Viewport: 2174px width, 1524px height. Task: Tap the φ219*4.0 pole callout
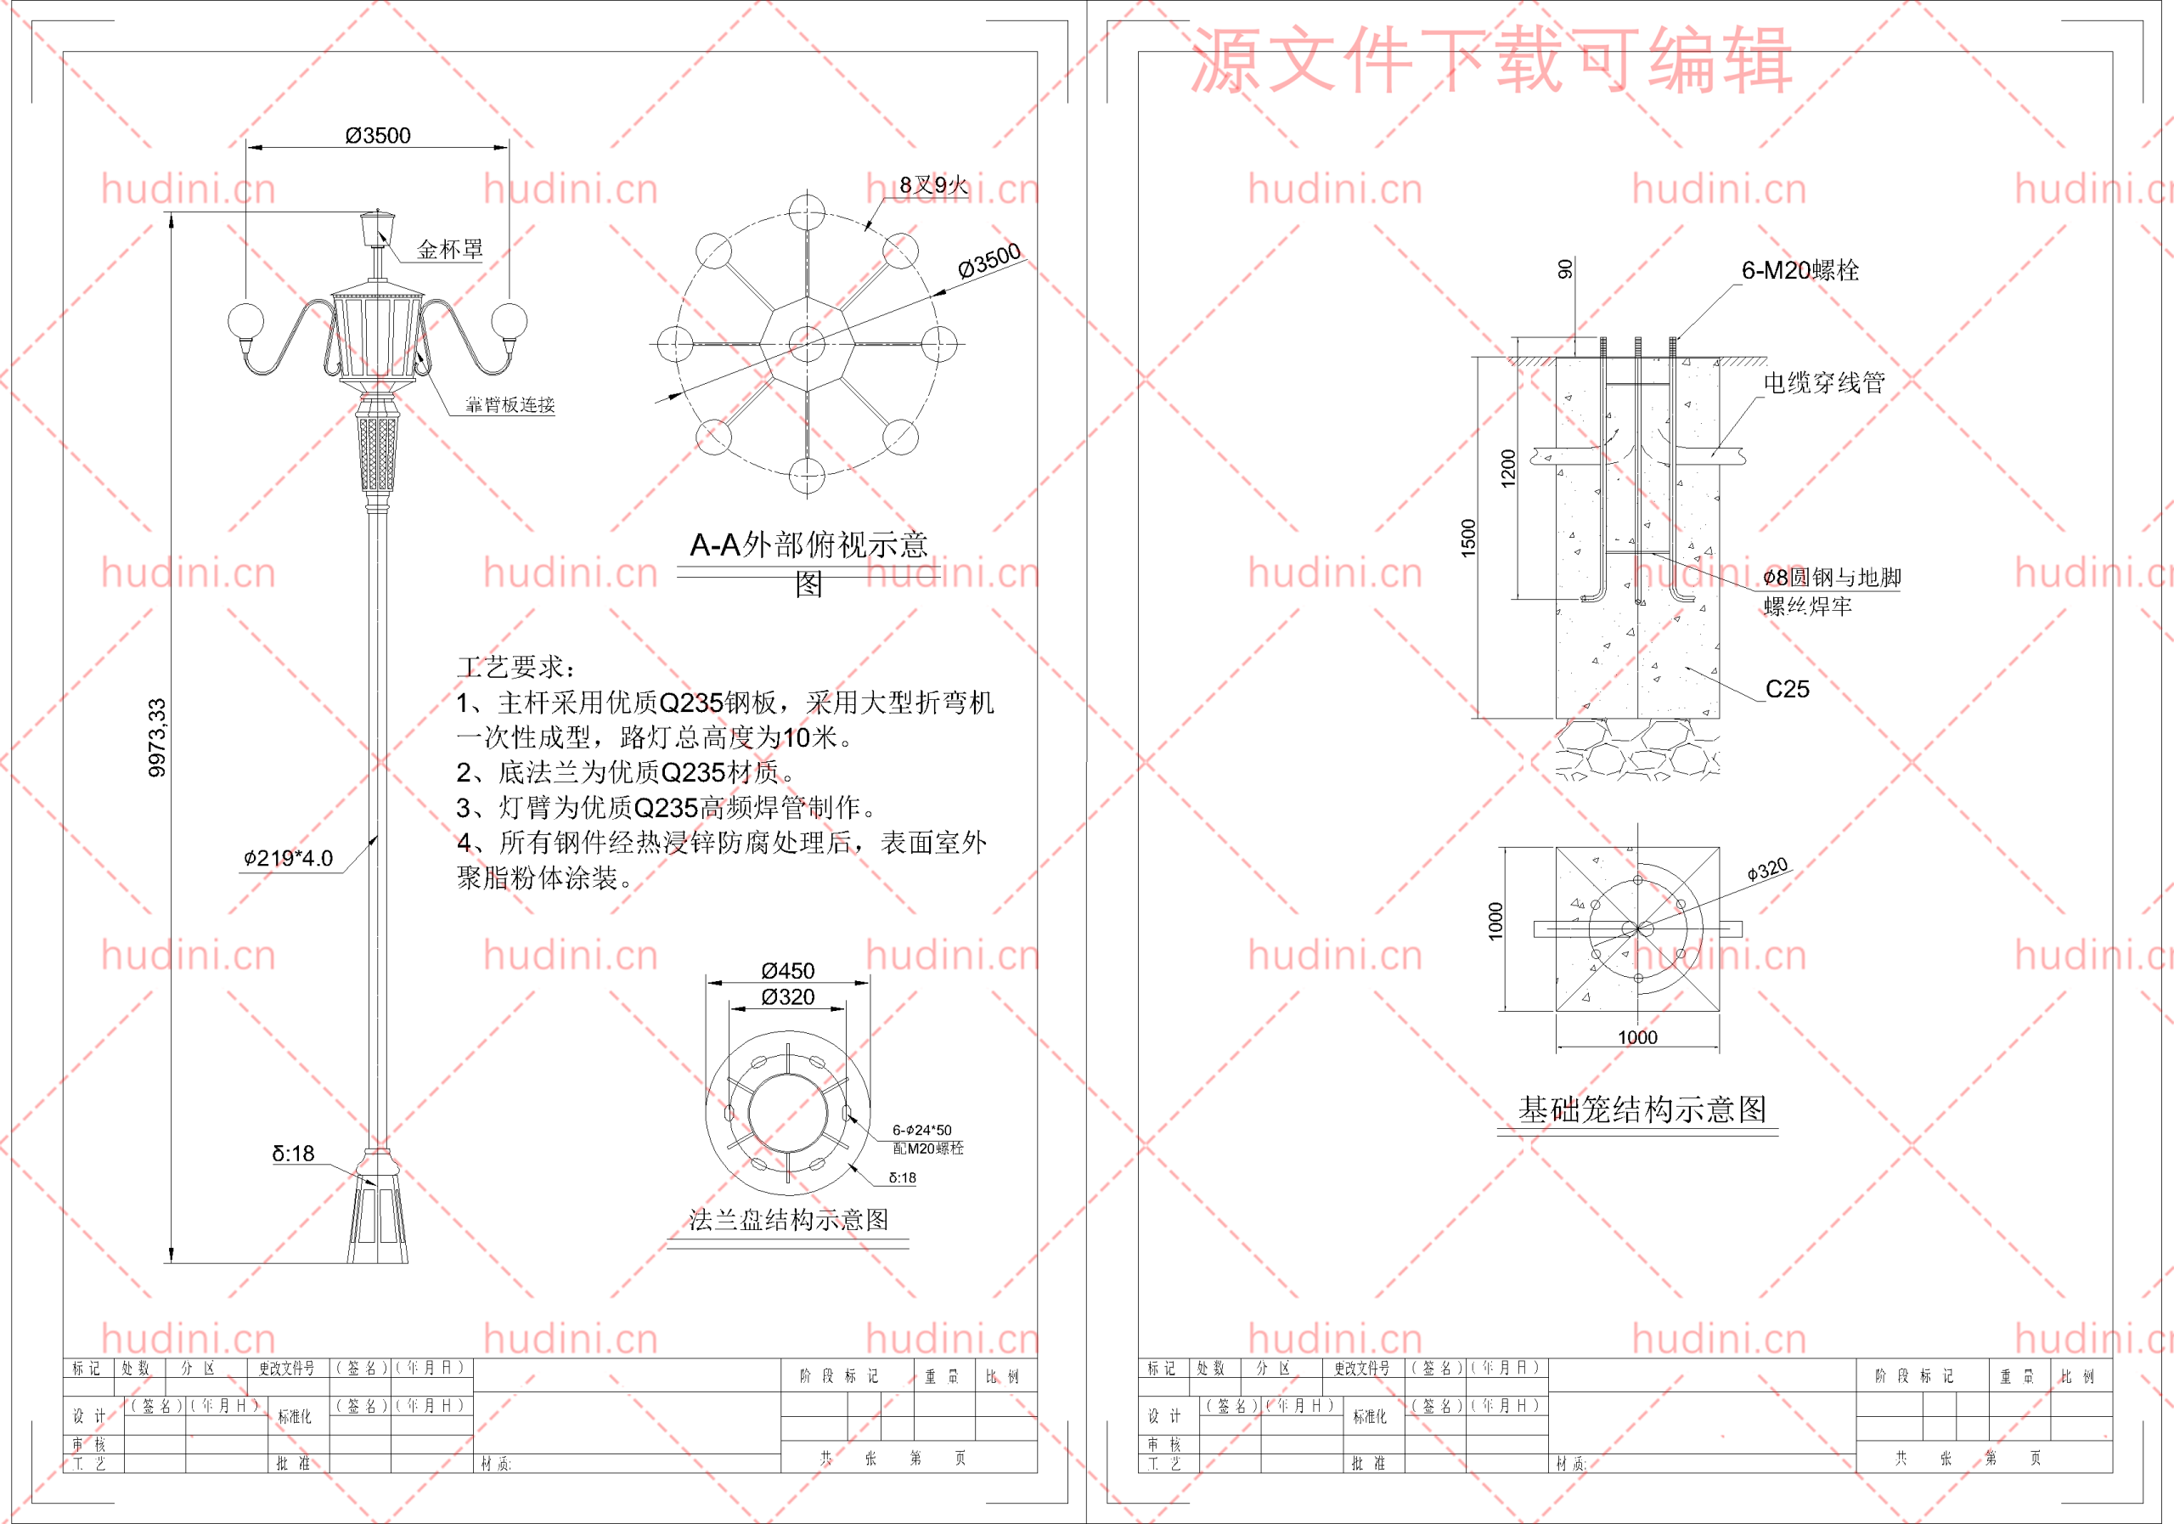point(289,858)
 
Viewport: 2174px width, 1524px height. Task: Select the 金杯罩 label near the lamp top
point(450,249)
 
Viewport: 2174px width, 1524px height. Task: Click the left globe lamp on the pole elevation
point(246,320)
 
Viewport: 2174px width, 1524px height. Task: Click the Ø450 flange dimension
point(788,971)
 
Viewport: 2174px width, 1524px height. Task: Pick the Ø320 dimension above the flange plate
point(788,996)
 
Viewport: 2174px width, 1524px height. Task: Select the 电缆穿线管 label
point(1823,382)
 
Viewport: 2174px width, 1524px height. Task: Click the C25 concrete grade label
point(1787,690)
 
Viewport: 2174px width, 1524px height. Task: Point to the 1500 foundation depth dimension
point(1468,538)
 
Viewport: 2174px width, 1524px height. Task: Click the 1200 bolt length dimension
point(1508,468)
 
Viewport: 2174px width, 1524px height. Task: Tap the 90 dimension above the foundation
point(1565,269)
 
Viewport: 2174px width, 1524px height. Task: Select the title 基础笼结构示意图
point(1642,1109)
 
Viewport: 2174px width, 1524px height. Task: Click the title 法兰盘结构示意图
point(788,1220)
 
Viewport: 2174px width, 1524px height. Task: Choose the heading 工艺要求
point(514,667)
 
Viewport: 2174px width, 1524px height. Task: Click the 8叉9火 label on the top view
point(932,184)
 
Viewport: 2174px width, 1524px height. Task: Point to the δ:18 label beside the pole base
point(294,1154)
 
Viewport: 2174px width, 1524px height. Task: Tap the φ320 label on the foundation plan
point(1767,868)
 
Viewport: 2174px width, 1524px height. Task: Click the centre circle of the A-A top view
point(807,343)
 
